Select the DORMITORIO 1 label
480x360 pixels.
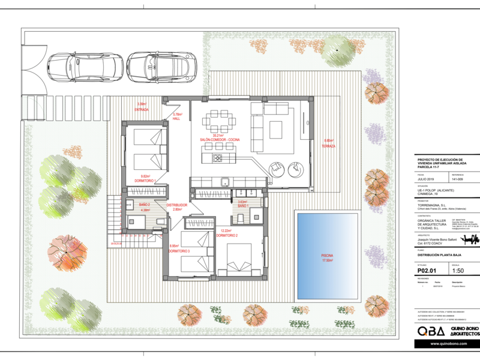point(145,179)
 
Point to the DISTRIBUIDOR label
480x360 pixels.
point(177,207)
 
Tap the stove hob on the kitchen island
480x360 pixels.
point(217,158)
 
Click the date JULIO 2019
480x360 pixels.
point(427,179)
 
